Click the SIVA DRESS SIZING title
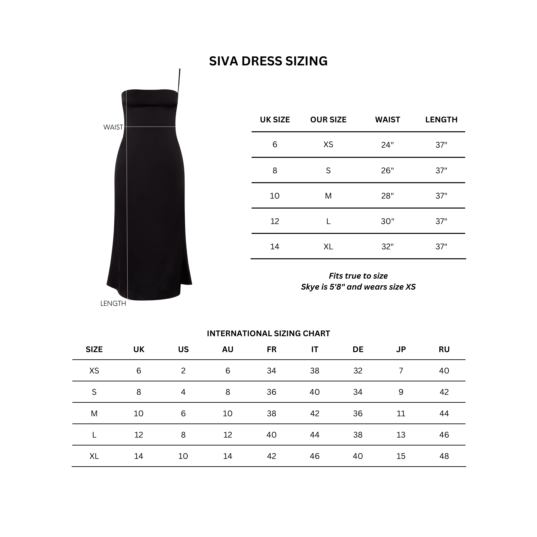268,61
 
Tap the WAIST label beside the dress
113,127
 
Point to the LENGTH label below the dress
113,304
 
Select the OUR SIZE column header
328,120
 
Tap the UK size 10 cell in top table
275,196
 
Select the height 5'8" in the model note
337,287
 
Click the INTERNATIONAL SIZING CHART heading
268,333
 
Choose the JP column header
401,349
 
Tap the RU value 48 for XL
444,456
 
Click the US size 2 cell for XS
183,371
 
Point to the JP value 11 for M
401,414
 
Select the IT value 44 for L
315,435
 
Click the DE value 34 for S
358,392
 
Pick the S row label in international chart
94,392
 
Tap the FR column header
272,349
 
